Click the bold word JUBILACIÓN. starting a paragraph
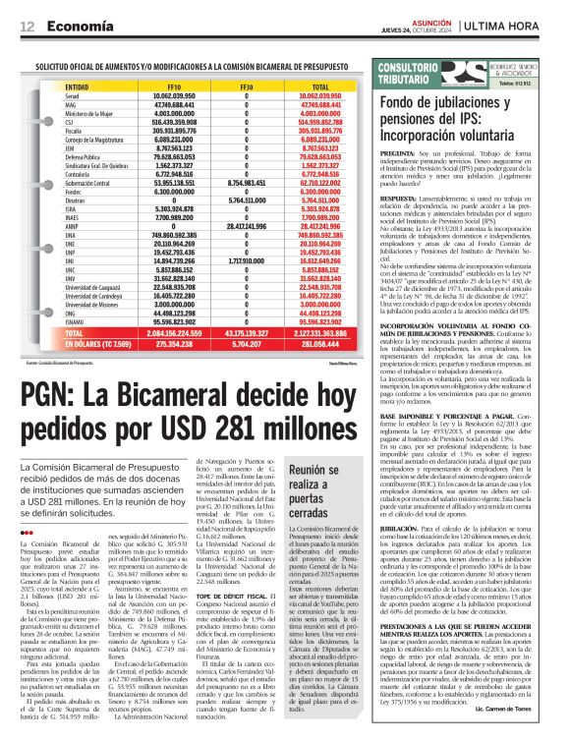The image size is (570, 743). pyautogui.click(x=406, y=527)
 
